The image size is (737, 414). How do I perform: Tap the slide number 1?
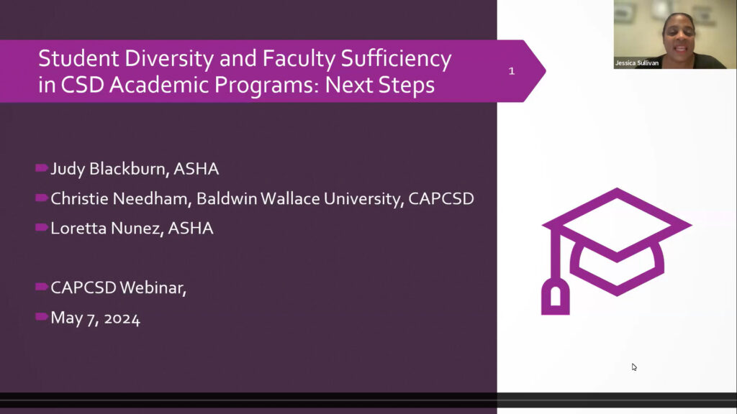pos(512,71)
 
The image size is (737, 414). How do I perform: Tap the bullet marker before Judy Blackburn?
pos(42,169)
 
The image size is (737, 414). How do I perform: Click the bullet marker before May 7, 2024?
pos(42,317)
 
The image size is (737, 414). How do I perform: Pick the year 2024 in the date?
pos(122,318)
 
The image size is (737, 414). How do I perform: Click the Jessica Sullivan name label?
pos(636,63)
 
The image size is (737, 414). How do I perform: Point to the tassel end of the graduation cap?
pos(554,298)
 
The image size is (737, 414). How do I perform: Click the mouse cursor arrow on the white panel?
pos(634,367)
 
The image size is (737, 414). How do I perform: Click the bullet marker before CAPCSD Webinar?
pos(42,287)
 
